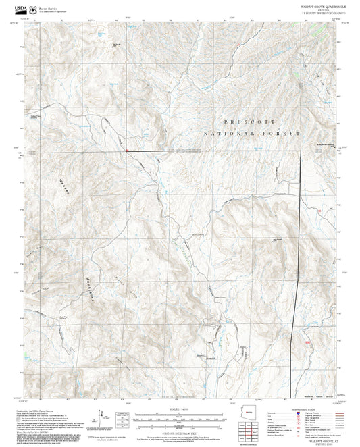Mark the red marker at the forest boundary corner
(x=126, y=150)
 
